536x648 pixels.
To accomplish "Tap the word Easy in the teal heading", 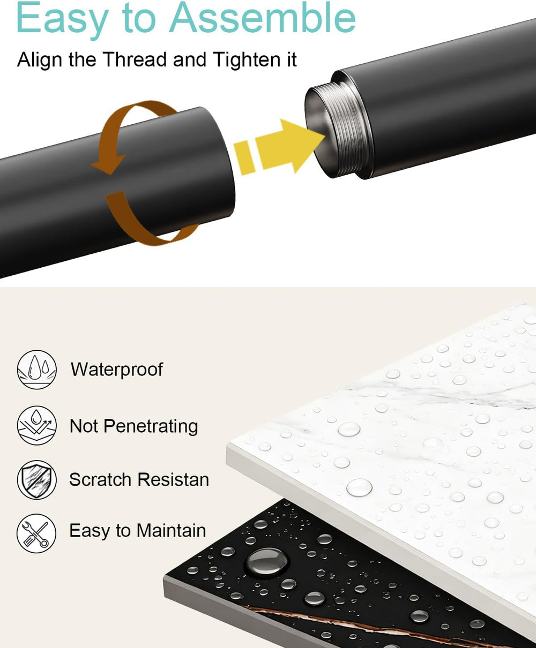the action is coord(62,19).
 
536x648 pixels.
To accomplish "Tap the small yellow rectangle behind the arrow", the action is coord(244,157).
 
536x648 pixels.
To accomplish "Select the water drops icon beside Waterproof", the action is coord(36,370).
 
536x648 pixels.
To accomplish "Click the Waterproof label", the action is coord(117,370).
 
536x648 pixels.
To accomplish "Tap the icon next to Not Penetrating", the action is coord(36,425).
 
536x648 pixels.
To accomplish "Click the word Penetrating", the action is coord(151,427).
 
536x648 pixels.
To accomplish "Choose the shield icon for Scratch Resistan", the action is coord(36,480).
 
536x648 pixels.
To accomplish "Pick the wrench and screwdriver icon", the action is coord(36,533).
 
